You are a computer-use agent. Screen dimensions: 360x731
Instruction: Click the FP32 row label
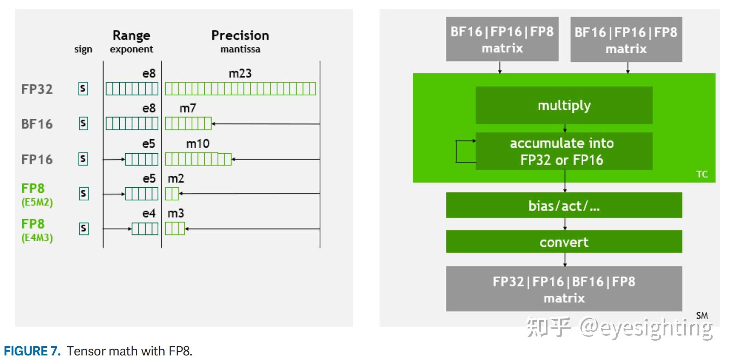tap(37, 89)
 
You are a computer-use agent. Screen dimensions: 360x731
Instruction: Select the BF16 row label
tap(37, 124)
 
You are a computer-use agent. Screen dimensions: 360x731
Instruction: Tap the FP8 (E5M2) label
tap(36, 195)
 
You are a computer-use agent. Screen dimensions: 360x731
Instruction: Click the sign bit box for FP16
tap(83, 159)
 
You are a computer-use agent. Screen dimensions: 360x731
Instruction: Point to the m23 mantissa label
tap(240, 73)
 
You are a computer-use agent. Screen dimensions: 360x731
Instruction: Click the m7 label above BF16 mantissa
tap(188, 108)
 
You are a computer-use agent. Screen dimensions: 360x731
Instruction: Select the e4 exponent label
tap(149, 213)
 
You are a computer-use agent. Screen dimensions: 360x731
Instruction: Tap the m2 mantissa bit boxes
tap(172, 194)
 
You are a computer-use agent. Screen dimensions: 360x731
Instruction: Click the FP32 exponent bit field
tap(132, 89)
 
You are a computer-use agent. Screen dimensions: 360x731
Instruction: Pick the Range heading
tap(131, 35)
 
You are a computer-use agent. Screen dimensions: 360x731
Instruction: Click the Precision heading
tap(240, 35)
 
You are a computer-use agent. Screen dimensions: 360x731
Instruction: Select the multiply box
tap(564, 105)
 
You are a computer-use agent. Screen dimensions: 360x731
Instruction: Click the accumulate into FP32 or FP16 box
tap(564, 151)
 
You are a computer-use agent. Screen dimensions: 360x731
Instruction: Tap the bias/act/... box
tap(564, 206)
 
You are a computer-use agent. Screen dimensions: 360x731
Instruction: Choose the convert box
tap(564, 242)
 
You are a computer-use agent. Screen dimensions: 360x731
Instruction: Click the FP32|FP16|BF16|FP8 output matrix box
tap(564, 289)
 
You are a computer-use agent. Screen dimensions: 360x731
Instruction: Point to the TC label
tap(702, 174)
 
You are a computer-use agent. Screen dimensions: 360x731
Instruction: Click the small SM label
tap(702, 315)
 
